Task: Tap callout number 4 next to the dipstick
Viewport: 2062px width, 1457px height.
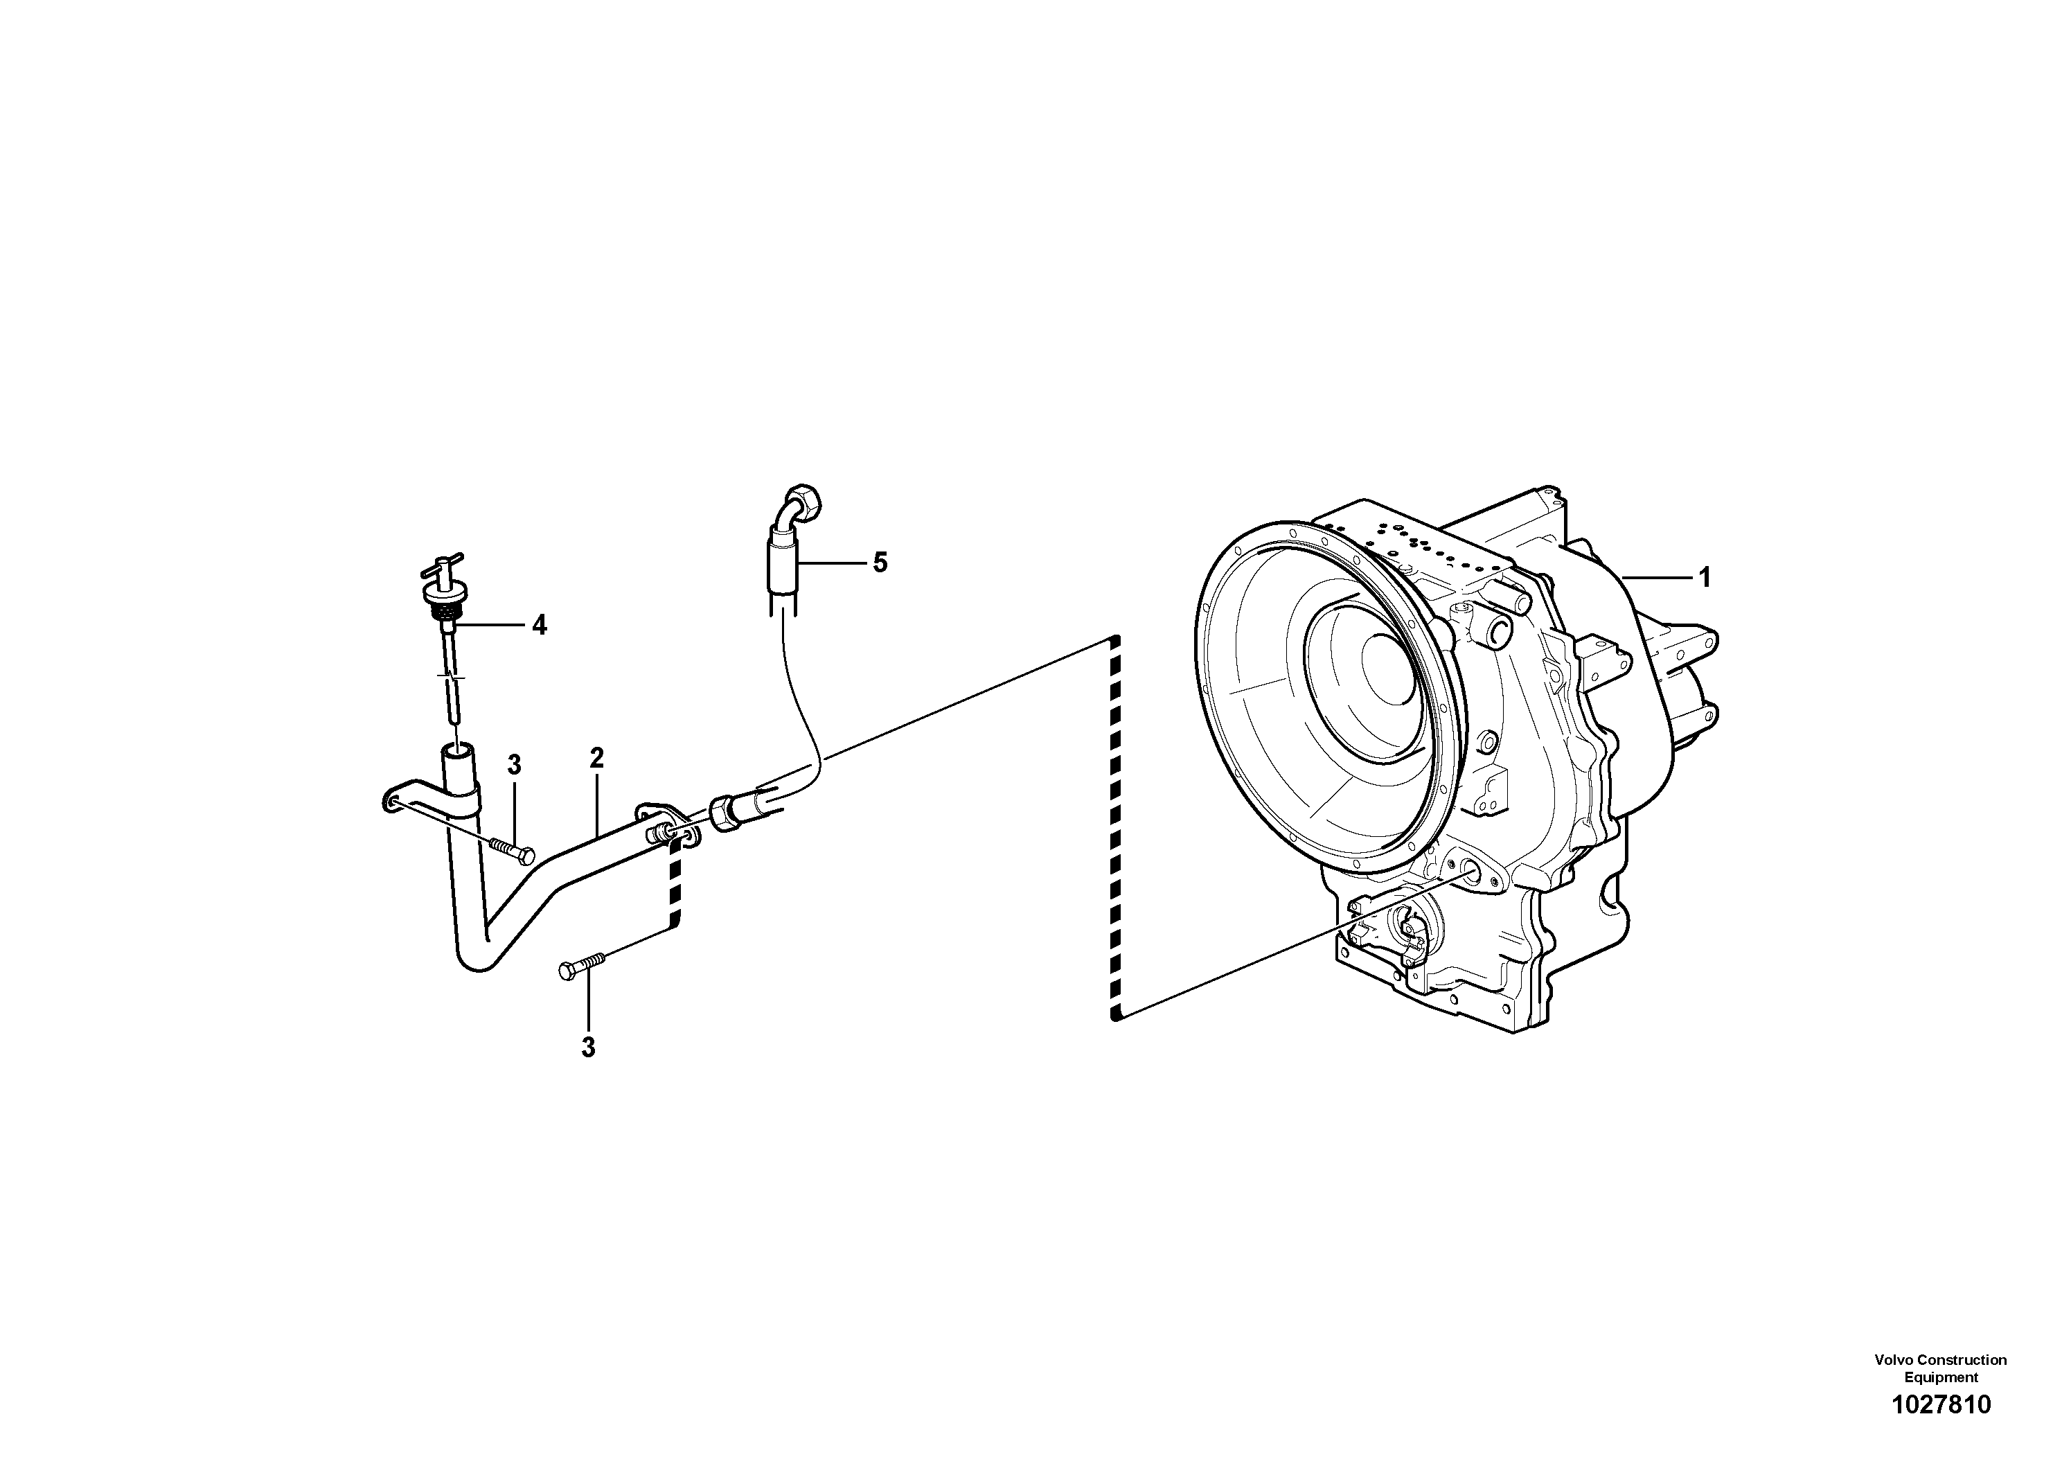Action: pos(539,625)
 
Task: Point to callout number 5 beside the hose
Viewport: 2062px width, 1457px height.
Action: pos(879,563)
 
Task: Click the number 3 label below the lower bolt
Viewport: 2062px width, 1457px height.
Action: pos(588,1048)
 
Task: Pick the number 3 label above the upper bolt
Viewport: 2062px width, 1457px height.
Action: pos(514,766)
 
